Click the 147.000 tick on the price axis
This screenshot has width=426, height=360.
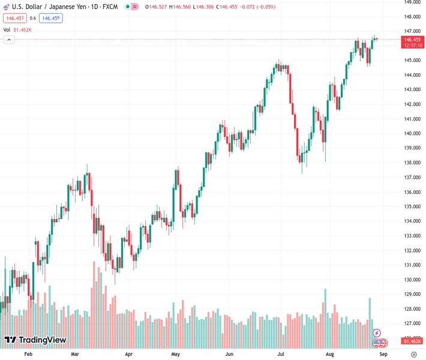coord(412,31)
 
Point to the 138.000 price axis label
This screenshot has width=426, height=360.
coord(412,163)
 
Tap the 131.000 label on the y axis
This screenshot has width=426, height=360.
coord(412,265)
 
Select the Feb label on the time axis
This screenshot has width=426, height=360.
coord(28,355)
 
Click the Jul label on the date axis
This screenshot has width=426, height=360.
coord(281,355)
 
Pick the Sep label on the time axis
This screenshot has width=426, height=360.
coord(384,355)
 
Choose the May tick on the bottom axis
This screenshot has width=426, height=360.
coord(175,355)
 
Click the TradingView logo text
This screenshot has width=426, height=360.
coord(35,340)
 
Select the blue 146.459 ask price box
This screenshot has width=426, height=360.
coord(50,18)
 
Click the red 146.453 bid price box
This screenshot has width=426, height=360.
coord(15,18)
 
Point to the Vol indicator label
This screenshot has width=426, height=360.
coord(7,29)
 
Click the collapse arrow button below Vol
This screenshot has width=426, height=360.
coord(9,40)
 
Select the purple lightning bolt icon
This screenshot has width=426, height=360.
coord(377,333)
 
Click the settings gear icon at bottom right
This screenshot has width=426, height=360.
coord(413,355)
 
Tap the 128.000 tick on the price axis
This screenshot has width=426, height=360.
coord(412,309)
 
